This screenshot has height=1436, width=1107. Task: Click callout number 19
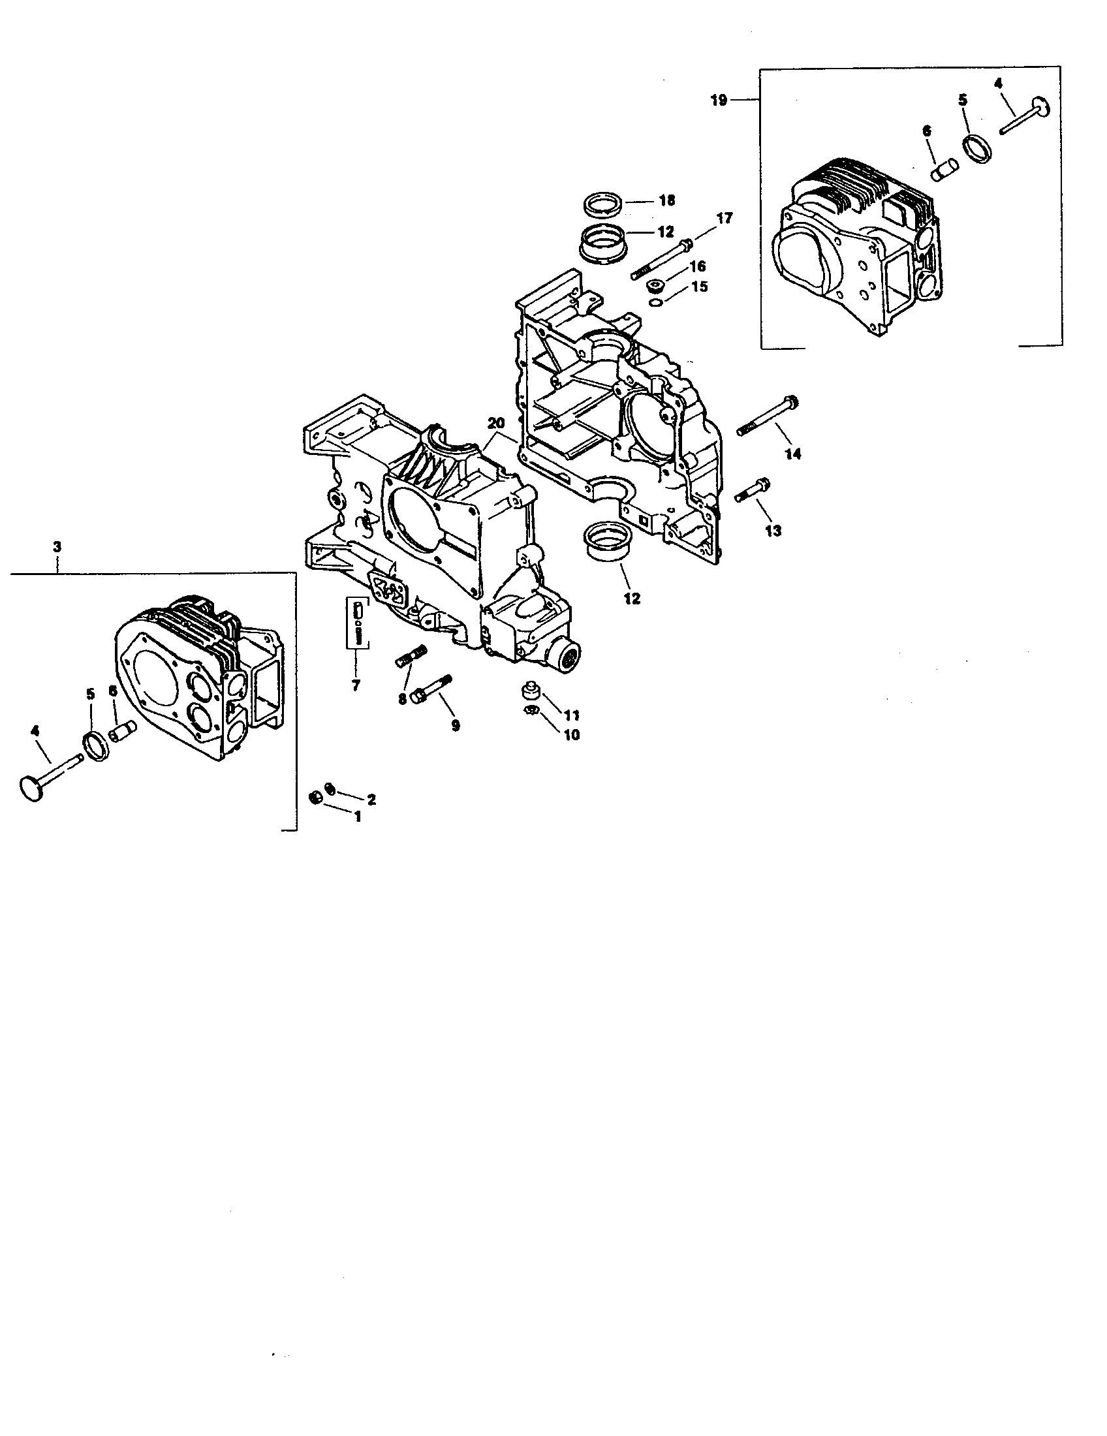pos(719,101)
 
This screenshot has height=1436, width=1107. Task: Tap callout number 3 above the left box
pos(57,546)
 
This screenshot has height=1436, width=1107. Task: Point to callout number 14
pos(794,454)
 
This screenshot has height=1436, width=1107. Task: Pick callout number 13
pos(773,530)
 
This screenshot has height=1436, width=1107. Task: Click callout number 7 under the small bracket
pos(356,685)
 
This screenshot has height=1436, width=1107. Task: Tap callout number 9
pos(455,725)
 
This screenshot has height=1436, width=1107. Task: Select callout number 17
pos(724,217)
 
